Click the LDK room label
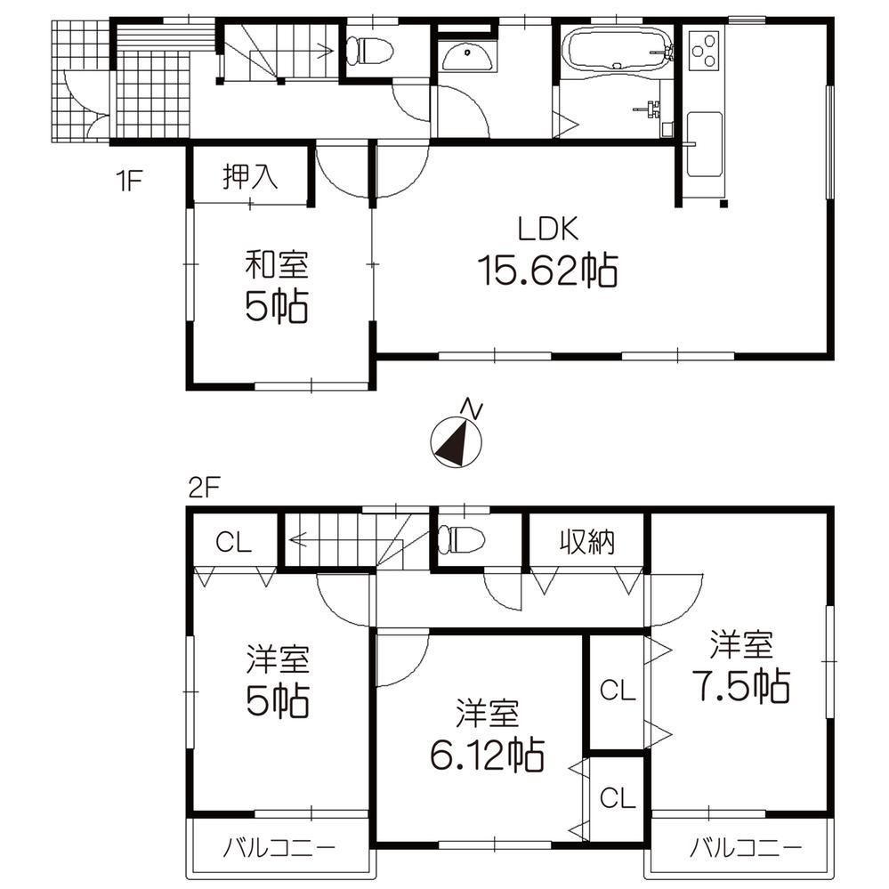pos(549,230)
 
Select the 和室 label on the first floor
pos(277,264)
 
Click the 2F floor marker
pos(203,488)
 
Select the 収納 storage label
pos(587,541)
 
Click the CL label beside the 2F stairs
pos(234,542)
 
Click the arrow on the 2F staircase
pos(299,538)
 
